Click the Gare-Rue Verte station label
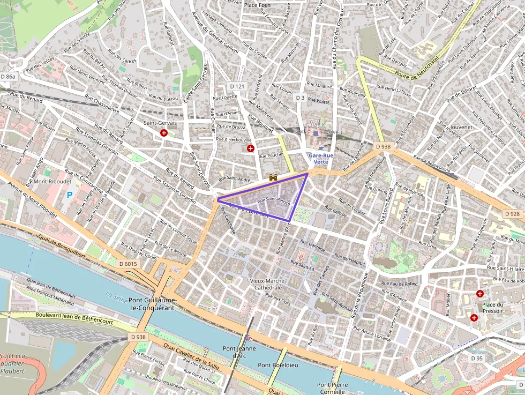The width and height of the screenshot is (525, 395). coord(321,158)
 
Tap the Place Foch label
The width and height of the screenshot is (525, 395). coord(257,5)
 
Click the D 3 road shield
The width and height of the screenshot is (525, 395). coord(300,98)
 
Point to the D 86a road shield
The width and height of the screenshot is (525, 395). coord(9,77)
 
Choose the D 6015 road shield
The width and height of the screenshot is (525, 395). coord(128,264)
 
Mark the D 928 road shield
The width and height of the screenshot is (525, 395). coord(512,213)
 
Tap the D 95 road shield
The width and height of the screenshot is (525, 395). coord(477,357)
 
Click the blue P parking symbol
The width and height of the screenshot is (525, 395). coord(69,196)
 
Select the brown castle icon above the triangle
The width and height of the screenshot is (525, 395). coord(273,176)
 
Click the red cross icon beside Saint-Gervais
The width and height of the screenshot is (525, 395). coord(164,133)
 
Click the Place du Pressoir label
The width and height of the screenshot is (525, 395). coord(493,308)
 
